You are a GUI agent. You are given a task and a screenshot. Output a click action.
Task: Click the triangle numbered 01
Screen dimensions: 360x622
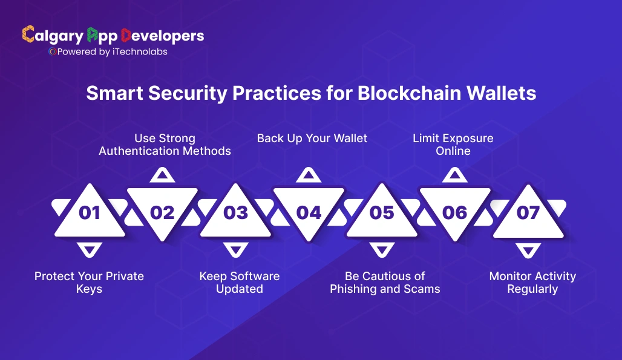click(x=90, y=212)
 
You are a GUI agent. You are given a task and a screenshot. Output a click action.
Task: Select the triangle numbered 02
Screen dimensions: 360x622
click(x=162, y=212)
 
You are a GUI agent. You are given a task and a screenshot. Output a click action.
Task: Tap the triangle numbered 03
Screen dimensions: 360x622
click(x=235, y=212)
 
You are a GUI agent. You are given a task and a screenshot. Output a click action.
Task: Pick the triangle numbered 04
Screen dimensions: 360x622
click(x=309, y=212)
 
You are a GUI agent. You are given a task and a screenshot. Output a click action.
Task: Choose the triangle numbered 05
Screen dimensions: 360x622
click(x=382, y=212)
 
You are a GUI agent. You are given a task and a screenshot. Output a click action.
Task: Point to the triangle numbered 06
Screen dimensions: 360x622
click(x=454, y=212)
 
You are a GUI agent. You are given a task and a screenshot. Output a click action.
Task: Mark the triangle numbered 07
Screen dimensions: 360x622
click(x=528, y=212)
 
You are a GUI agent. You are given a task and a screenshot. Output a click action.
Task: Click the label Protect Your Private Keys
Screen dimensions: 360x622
click(x=89, y=283)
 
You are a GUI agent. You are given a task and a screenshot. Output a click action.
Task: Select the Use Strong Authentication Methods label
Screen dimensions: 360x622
click(x=165, y=145)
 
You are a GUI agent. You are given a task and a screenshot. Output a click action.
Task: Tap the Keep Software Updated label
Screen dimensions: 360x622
click(x=240, y=283)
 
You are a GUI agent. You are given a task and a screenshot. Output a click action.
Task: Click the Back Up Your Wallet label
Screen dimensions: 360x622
click(x=312, y=138)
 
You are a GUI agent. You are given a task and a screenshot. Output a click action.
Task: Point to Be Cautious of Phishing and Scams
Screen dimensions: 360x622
click(x=385, y=283)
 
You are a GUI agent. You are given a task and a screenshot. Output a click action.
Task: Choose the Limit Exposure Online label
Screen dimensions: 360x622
click(x=453, y=145)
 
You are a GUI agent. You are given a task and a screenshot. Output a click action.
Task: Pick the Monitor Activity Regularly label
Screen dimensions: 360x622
click(x=532, y=283)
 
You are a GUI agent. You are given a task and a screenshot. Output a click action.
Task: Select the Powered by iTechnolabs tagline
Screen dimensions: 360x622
click(x=108, y=52)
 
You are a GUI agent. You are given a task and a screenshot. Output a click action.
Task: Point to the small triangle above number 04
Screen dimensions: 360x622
click(x=309, y=176)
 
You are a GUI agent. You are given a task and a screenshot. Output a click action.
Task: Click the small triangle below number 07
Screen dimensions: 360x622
click(x=528, y=249)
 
